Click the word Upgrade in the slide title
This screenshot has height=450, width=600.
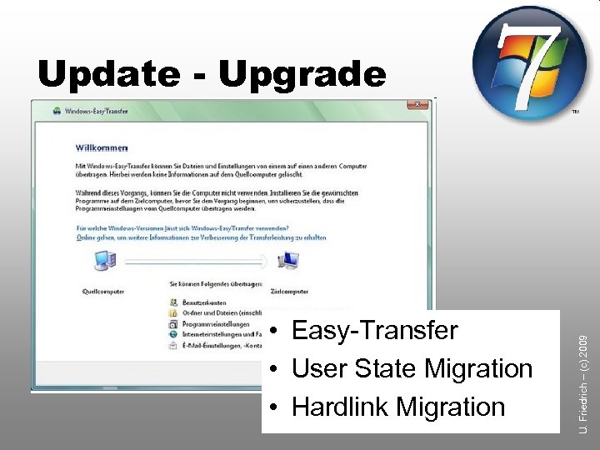pos(302,76)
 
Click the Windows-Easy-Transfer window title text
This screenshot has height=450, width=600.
pos(96,110)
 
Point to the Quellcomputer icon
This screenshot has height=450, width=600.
pos(104,261)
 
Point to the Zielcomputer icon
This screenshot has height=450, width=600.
pos(288,261)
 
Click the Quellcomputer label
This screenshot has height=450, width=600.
pos(103,292)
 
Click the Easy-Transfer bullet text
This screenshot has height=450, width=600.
pos(374,331)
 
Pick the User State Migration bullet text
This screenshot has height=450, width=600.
pos(412,368)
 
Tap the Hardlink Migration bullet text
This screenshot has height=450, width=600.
pos(398,407)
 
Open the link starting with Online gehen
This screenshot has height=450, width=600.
pos(200,237)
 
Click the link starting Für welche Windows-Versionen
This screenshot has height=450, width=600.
pos(182,227)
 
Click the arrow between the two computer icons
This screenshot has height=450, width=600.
pos(196,262)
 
